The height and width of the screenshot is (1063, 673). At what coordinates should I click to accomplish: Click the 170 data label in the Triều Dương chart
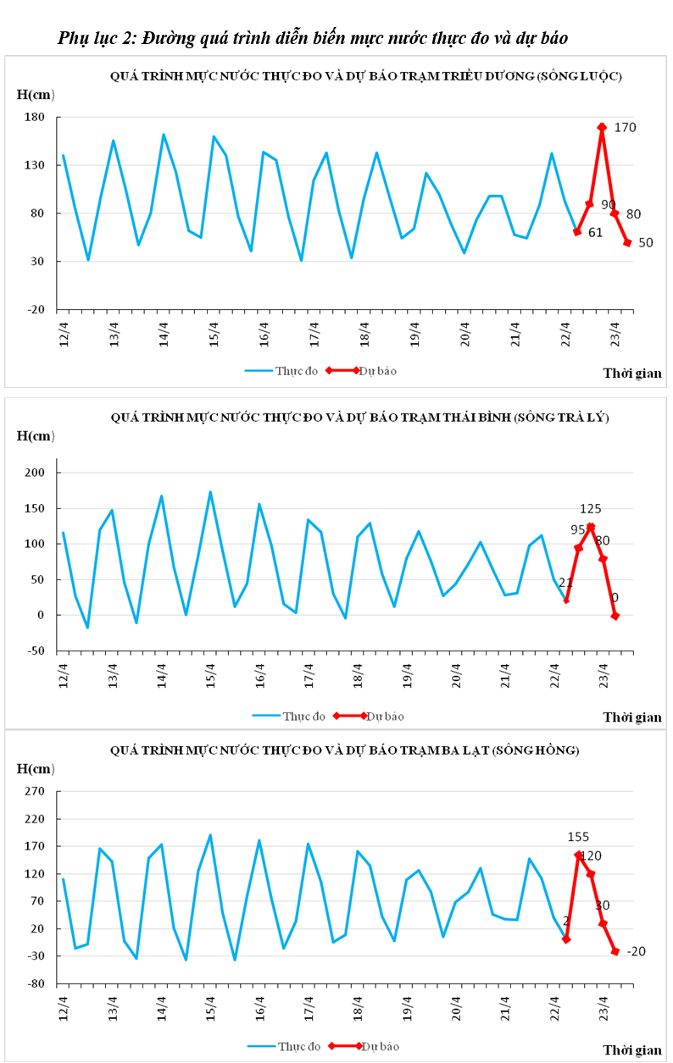coord(626,128)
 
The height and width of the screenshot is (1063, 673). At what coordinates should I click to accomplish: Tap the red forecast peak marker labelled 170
coord(602,127)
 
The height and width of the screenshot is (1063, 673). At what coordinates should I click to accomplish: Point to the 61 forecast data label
coord(594,232)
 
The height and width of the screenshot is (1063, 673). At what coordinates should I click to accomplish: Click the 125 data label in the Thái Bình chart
coord(591,509)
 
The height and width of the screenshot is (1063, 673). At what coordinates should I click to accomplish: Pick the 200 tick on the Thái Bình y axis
coord(38,473)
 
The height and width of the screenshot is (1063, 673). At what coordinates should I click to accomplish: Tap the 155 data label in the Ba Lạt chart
coord(578,837)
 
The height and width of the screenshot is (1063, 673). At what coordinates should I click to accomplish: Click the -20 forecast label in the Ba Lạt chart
coord(636,952)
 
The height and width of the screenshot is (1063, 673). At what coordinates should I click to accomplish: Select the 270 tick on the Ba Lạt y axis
coord(38,793)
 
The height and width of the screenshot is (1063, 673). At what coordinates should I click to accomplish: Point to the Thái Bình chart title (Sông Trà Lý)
coord(359,418)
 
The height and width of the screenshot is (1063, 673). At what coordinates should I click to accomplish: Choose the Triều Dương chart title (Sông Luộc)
coord(366,76)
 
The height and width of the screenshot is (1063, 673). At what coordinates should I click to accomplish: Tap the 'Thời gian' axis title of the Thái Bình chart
coord(632,717)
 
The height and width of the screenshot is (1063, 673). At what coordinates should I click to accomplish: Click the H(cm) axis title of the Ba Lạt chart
coord(36,768)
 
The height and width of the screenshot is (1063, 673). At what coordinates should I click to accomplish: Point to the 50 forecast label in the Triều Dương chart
coord(645,243)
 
